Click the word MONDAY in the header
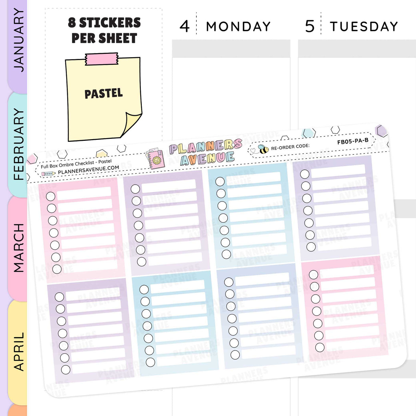(238, 27)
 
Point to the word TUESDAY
(364, 27)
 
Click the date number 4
(184, 26)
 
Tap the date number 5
(310, 26)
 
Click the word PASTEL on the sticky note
(103, 94)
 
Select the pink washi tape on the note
(102, 59)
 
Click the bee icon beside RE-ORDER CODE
(263, 149)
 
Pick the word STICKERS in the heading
(110, 23)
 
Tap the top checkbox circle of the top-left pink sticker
(50, 196)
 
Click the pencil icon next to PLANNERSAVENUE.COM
(48, 174)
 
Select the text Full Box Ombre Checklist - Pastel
(76, 164)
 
